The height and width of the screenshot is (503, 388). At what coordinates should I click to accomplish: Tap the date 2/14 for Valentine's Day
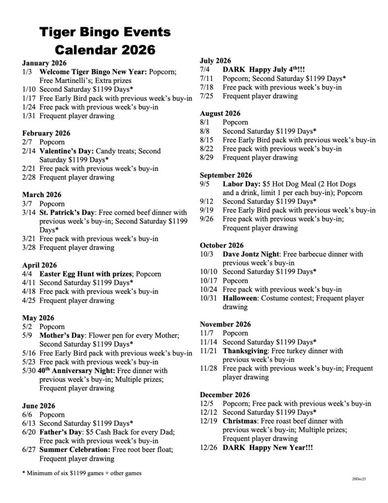(x=29, y=151)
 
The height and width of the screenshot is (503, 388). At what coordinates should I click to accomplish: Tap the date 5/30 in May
(x=29, y=371)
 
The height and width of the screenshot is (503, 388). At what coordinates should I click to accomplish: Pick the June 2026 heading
(x=38, y=406)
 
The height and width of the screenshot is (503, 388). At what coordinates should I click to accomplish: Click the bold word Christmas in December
(x=240, y=421)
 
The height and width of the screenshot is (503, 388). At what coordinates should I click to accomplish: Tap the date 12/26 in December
(x=210, y=448)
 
